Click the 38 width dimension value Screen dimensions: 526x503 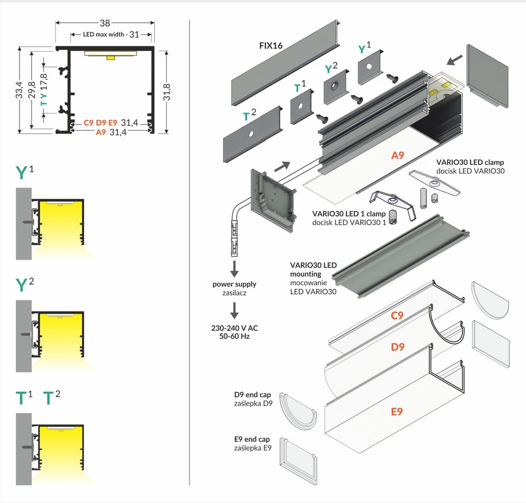point(105,23)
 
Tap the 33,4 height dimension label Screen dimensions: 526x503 point(19,90)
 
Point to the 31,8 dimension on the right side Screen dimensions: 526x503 point(166,92)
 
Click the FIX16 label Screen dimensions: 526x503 point(271,46)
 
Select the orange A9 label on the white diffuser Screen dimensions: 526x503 point(398,155)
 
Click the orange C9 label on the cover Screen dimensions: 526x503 point(397,315)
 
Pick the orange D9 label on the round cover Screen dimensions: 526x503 point(398,347)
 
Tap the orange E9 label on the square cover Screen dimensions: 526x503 point(397,411)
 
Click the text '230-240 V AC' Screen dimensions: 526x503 point(235,328)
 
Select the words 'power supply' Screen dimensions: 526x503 point(234,284)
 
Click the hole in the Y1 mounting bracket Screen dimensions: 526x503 point(369,66)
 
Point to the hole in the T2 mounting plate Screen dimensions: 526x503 point(250,134)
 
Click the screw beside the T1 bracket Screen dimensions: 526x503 point(322,119)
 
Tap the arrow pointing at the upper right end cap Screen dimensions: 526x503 point(454,60)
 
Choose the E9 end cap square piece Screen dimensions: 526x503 point(298,461)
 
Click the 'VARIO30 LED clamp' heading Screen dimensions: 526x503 point(470,162)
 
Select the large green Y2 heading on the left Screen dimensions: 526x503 point(25,284)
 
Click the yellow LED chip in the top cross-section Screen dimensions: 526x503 point(110,58)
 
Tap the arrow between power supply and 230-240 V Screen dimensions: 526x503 point(235,310)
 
